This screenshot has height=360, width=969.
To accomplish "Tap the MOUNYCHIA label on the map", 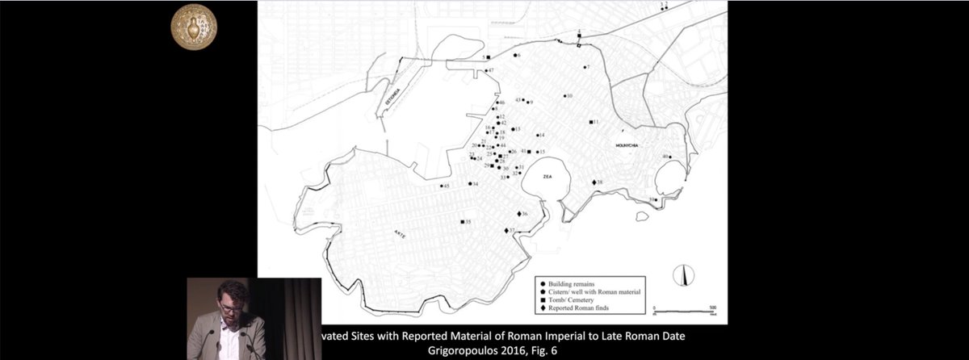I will [629, 145].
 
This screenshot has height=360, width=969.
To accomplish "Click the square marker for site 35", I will [462, 221].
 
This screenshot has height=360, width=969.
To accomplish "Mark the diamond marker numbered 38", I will [595, 183].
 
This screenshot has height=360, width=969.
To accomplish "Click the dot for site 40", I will [670, 157].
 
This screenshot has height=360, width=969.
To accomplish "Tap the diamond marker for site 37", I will [506, 231].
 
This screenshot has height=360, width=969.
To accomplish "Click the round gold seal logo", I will [194, 26].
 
